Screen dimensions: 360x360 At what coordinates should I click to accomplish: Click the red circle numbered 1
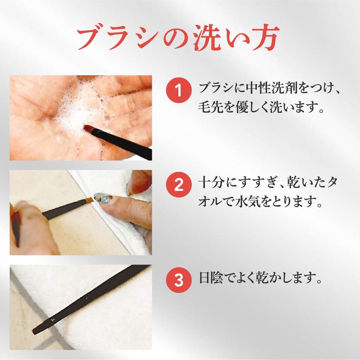tap(178, 91)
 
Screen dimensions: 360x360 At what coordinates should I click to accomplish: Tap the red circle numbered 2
tap(178, 185)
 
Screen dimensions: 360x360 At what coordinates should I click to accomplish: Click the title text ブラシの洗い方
tap(178, 38)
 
